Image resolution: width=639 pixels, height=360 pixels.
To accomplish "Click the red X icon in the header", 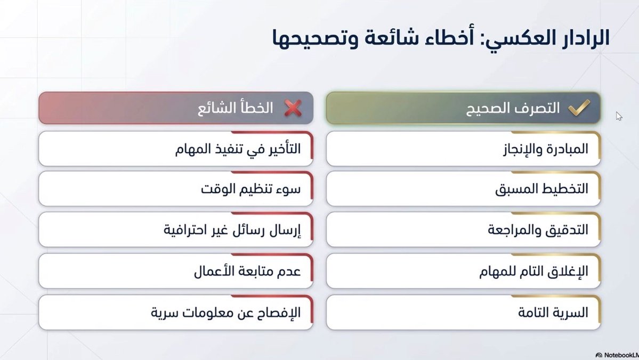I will pos(292,108).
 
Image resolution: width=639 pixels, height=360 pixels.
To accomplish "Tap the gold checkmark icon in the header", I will pos(578,108).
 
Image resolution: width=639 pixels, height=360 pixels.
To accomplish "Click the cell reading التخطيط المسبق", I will pos(463,189).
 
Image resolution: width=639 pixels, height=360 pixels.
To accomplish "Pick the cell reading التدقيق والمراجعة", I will pos(463,230).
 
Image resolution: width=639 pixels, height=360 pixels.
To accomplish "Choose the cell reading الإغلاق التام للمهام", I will pos(463,271).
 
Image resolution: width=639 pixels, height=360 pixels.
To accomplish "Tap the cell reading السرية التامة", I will pos(463,313).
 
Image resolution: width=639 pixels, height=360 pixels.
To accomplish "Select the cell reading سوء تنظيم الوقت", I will pos(176,189).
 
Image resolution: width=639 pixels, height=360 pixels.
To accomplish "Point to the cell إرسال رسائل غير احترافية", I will pos(176,230).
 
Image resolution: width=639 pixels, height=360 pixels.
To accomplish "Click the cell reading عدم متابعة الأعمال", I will pos(176,271).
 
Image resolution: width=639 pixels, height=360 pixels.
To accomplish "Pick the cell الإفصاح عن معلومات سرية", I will pos(176,313).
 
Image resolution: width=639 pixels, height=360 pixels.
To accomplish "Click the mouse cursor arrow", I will pos(619,116).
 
